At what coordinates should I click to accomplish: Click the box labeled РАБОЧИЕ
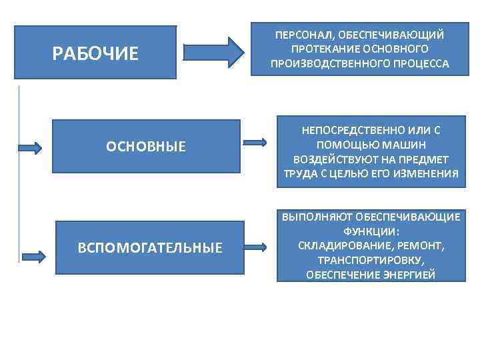tap(95, 53)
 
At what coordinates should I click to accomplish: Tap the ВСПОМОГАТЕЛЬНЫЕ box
tap(150, 248)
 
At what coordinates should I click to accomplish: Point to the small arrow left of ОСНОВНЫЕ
tap(29, 148)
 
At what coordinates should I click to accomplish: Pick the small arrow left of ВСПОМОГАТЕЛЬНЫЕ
tap(33, 255)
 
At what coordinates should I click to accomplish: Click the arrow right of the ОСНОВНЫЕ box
tap(255, 142)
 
